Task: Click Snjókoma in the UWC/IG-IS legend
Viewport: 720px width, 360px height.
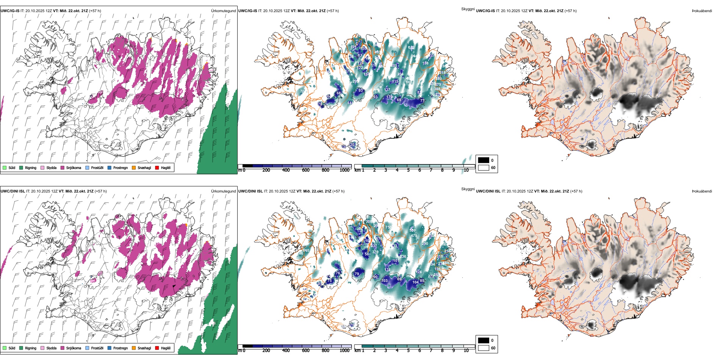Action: (x=74, y=168)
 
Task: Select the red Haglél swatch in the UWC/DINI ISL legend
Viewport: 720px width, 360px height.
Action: (x=157, y=348)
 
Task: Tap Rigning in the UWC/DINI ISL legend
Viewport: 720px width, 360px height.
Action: (x=30, y=348)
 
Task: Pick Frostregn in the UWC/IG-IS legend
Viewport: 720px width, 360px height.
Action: (x=120, y=168)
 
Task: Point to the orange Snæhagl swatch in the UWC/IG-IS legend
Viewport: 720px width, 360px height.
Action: (x=134, y=167)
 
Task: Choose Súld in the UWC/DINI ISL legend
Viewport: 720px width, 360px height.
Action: (x=12, y=348)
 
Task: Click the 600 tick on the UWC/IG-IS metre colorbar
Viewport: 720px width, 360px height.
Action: (x=306, y=170)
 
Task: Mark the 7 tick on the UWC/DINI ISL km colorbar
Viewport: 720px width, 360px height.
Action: (x=431, y=351)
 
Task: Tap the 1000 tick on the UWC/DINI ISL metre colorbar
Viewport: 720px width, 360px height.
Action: (x=344, y=351)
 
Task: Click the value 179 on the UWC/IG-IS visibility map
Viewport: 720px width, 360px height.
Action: (x=389, y=97)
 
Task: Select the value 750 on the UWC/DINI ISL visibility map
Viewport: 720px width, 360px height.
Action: (x=388, y=227)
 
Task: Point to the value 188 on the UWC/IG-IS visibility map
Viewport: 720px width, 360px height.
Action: (x=426, y=63)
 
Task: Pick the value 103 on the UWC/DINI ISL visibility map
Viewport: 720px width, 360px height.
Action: (x=385, y=281)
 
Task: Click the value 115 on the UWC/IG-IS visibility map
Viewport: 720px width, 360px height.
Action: (x=395, y=81)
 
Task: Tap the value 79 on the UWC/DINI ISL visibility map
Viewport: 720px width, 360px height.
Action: (x=357, y=274)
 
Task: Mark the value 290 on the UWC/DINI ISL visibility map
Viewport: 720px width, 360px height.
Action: (x=425, y=244)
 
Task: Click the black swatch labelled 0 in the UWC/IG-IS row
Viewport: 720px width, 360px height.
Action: (x=484, y=160)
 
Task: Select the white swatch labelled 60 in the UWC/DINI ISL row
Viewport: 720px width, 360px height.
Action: (x=484, y=348)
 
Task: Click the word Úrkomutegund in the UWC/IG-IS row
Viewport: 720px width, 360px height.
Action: (x=223, y=11)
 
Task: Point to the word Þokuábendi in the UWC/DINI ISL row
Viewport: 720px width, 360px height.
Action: (x=702, y=191)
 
